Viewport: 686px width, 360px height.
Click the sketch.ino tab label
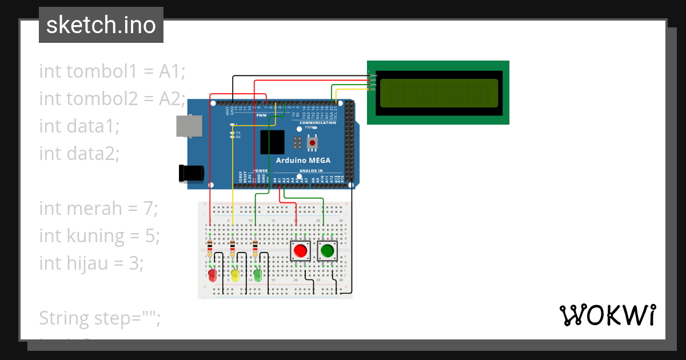pyautogui.click(x=101, y=25)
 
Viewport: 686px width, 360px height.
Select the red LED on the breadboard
pyautogui.click(x=212, y=276)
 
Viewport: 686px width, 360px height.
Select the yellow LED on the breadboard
pyautogui.click(x=235, y=276)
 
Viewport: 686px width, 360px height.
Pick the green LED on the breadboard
pyautogui.click(x=257, y=276)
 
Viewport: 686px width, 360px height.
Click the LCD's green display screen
pyautogui.click(x=438, y=93)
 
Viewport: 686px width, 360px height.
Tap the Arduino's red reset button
pyautogui.click(x=313, y=142)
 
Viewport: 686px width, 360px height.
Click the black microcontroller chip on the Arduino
pyautogui.click(x=272, y=142)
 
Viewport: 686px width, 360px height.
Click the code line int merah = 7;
pyautogui.click(x=98, y=209)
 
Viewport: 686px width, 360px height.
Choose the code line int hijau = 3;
pyautogui.click(x=91, y=263)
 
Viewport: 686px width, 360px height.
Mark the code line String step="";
pyautogui.click(x=99, y=317)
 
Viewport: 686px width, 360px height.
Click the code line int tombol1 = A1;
pyautogui.click(x=113, y=71)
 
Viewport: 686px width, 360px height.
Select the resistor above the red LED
pyautogui.click(x=210, y=249)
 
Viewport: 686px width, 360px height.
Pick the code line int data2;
pyautogui.click(x=79, y=153)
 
